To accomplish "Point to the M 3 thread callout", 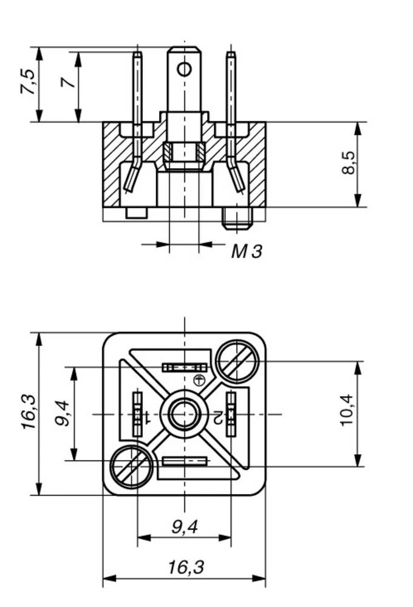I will click(247, 251).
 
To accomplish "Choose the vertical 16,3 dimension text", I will click(29, 413).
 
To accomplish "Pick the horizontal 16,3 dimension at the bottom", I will click(186, 568).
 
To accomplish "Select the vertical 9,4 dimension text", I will click(63, 413).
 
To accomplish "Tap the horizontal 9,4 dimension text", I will click(185, 527).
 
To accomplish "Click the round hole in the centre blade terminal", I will click(184, 69).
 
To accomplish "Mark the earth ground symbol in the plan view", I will click(197, 381).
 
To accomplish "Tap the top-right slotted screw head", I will click(236, 362).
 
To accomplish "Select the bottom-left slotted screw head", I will click(131, 466).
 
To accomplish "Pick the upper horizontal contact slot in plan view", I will click(184, 367).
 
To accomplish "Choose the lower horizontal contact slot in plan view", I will click(184, 461).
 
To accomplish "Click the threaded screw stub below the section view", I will click(237, 218).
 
